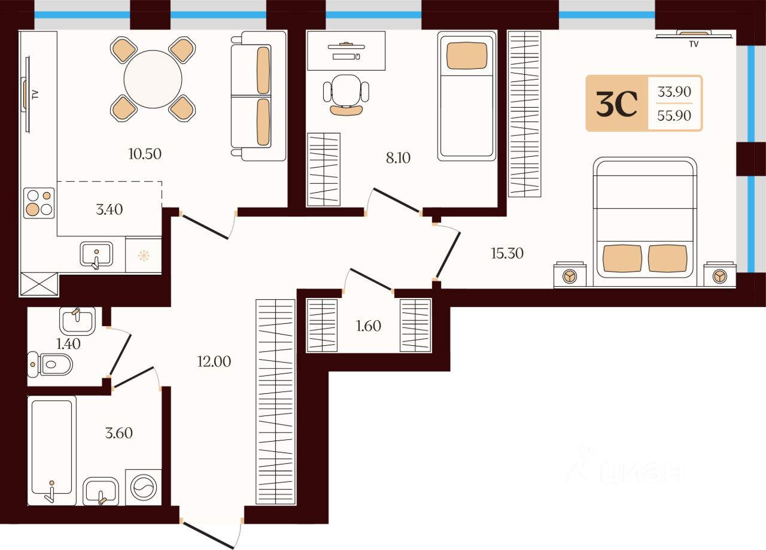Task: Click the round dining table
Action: coord(153,80)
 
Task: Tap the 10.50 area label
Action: coord(145,154)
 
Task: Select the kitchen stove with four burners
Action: coord(39,203)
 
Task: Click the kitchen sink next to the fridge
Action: coord(96,254)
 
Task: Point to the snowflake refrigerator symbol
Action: coord(144,256)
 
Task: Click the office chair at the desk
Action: coord(346,95)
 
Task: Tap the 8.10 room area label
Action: coord(398,158)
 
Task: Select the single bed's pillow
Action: coord(466,56)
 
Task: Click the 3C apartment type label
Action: coord(617,104)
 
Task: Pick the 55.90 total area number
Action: coord(674,116)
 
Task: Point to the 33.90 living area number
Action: coord(674,92)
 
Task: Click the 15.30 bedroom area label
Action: coord(507,253)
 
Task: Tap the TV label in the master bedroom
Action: coord(694,44)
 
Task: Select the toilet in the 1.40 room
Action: coord(50,364)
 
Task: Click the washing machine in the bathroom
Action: coord(144,487)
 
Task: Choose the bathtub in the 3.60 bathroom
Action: coord(51,450)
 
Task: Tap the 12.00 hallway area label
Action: coord(214,361)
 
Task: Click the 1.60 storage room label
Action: coord(368,326)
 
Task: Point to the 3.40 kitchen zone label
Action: coord(109,209)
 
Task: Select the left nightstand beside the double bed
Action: coord(570,275)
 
